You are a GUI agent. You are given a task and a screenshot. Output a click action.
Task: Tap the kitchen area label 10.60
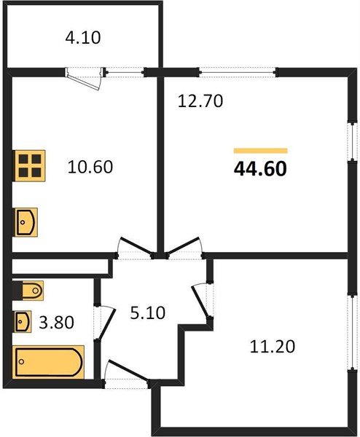click(91, 167)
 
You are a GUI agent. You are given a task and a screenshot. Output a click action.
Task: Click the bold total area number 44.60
click(260, 169)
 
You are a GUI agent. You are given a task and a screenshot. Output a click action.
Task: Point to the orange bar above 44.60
click(260, 150)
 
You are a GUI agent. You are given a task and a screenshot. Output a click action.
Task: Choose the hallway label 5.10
click(148, 314)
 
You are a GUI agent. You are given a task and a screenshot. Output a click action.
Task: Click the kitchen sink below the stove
click(26, 220)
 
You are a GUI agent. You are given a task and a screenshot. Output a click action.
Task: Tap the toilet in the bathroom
click(28, 291)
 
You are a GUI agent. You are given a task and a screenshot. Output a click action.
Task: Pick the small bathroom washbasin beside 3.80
click(24, 320)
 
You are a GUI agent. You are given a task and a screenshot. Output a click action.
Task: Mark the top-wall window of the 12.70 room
click(238, 71)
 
